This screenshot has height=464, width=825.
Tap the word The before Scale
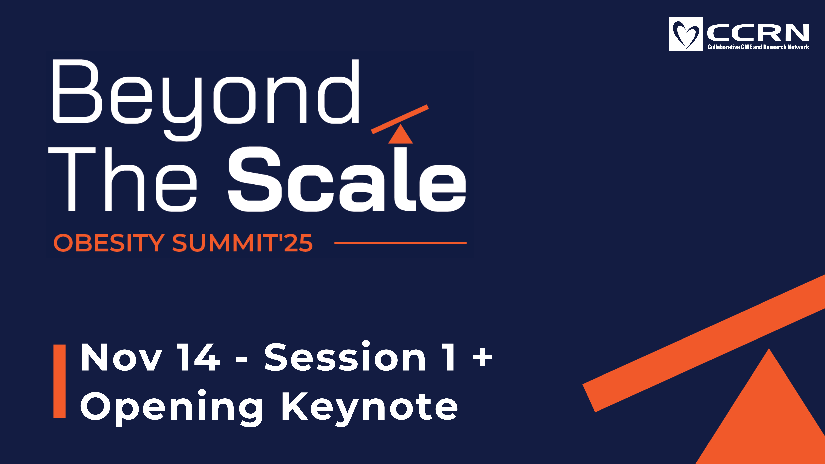point(122,179)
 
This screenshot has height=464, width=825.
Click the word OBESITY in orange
point(109,243)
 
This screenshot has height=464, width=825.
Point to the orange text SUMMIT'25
point(242,243)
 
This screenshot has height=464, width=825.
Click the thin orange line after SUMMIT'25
point(400,243)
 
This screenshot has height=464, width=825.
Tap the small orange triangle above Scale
point(400,134)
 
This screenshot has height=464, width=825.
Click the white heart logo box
point(685,34)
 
